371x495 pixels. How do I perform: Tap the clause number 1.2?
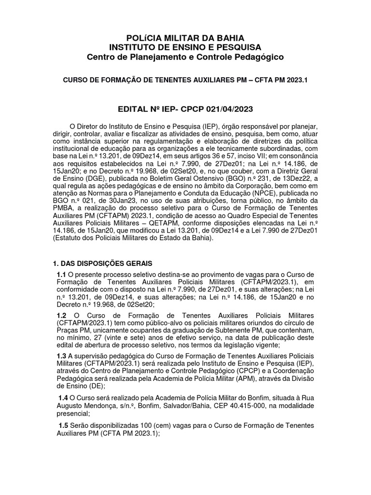61,314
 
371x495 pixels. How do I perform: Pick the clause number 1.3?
61,357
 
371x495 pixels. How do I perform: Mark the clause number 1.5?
63,425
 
